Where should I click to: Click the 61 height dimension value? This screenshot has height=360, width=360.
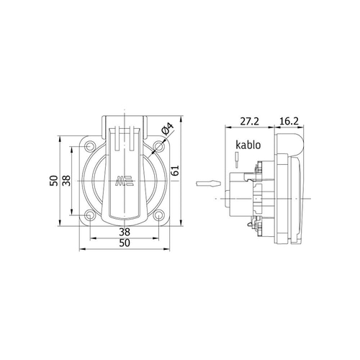point(176,171)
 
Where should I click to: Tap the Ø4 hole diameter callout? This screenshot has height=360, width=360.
point(167,129)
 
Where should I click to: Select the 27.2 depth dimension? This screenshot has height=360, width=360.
point(250,122)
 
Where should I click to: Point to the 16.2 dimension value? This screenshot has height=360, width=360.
point(289,122)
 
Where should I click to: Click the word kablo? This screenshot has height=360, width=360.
point(248,145)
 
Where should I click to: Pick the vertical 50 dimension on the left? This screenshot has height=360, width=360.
point(54,181)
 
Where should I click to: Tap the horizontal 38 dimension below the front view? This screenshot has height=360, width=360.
point(125,232)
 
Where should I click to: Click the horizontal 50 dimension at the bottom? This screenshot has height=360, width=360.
point(125,243)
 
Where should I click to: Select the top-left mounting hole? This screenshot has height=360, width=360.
point(91,146)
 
